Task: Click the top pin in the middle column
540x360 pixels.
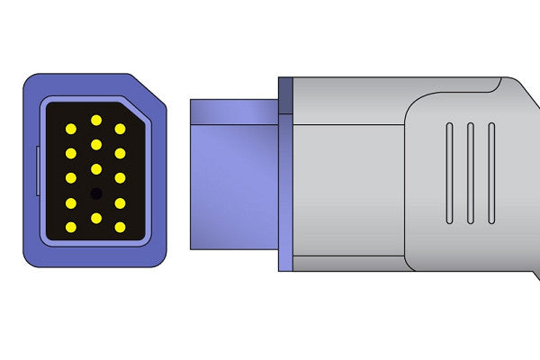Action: [x=95, y=120]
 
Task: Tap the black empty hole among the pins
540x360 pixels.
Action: [x=95, y=193]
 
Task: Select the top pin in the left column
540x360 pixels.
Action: [x=70, y=130]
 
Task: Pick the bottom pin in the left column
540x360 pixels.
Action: [x=70, y=227]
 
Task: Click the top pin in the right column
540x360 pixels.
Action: [x=120, y=130]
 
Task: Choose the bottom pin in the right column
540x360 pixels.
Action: [x=120, y=227]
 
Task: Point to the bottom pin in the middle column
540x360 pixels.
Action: [x=95, y=217]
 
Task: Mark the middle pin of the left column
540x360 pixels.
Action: [x=70, y=178]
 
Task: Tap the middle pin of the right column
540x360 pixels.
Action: [x=120, y=178]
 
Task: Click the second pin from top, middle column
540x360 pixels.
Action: [x=95, y=144]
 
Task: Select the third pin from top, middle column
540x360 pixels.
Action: [x=95, y=168]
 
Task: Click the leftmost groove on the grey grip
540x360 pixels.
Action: [x=448, y=173]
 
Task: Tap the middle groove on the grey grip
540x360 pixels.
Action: [x=470, y=173]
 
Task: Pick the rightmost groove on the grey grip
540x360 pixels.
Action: [x=491, y=173]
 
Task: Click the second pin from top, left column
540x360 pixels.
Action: [x=70, y=154]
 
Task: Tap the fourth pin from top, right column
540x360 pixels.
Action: [x=120, y=202]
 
